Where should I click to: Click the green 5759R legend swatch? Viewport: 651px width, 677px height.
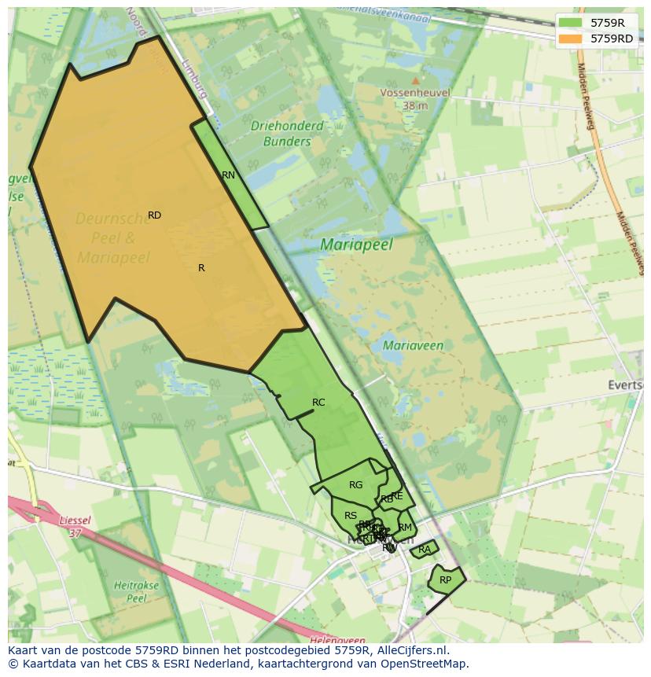571,23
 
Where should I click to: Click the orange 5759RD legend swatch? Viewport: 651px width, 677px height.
571,39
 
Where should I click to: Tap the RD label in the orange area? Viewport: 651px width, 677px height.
154,215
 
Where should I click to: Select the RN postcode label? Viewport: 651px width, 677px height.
228,175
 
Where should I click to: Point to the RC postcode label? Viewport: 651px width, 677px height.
318,403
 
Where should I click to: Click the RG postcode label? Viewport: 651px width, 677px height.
356,485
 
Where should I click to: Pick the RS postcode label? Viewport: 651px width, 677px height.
351,516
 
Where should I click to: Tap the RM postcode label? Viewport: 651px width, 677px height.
405,528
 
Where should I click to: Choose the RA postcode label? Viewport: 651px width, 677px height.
425,550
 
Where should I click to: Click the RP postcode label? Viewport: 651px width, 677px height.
446,580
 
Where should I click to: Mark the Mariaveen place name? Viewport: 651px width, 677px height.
413,345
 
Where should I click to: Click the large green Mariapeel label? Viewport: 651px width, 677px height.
356,245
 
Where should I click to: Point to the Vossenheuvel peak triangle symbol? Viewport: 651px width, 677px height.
415,80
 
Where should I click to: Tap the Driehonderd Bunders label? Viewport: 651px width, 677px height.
287,134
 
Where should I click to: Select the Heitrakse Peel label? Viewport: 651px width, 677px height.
137,591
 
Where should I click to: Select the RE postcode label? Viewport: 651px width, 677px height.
397,496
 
